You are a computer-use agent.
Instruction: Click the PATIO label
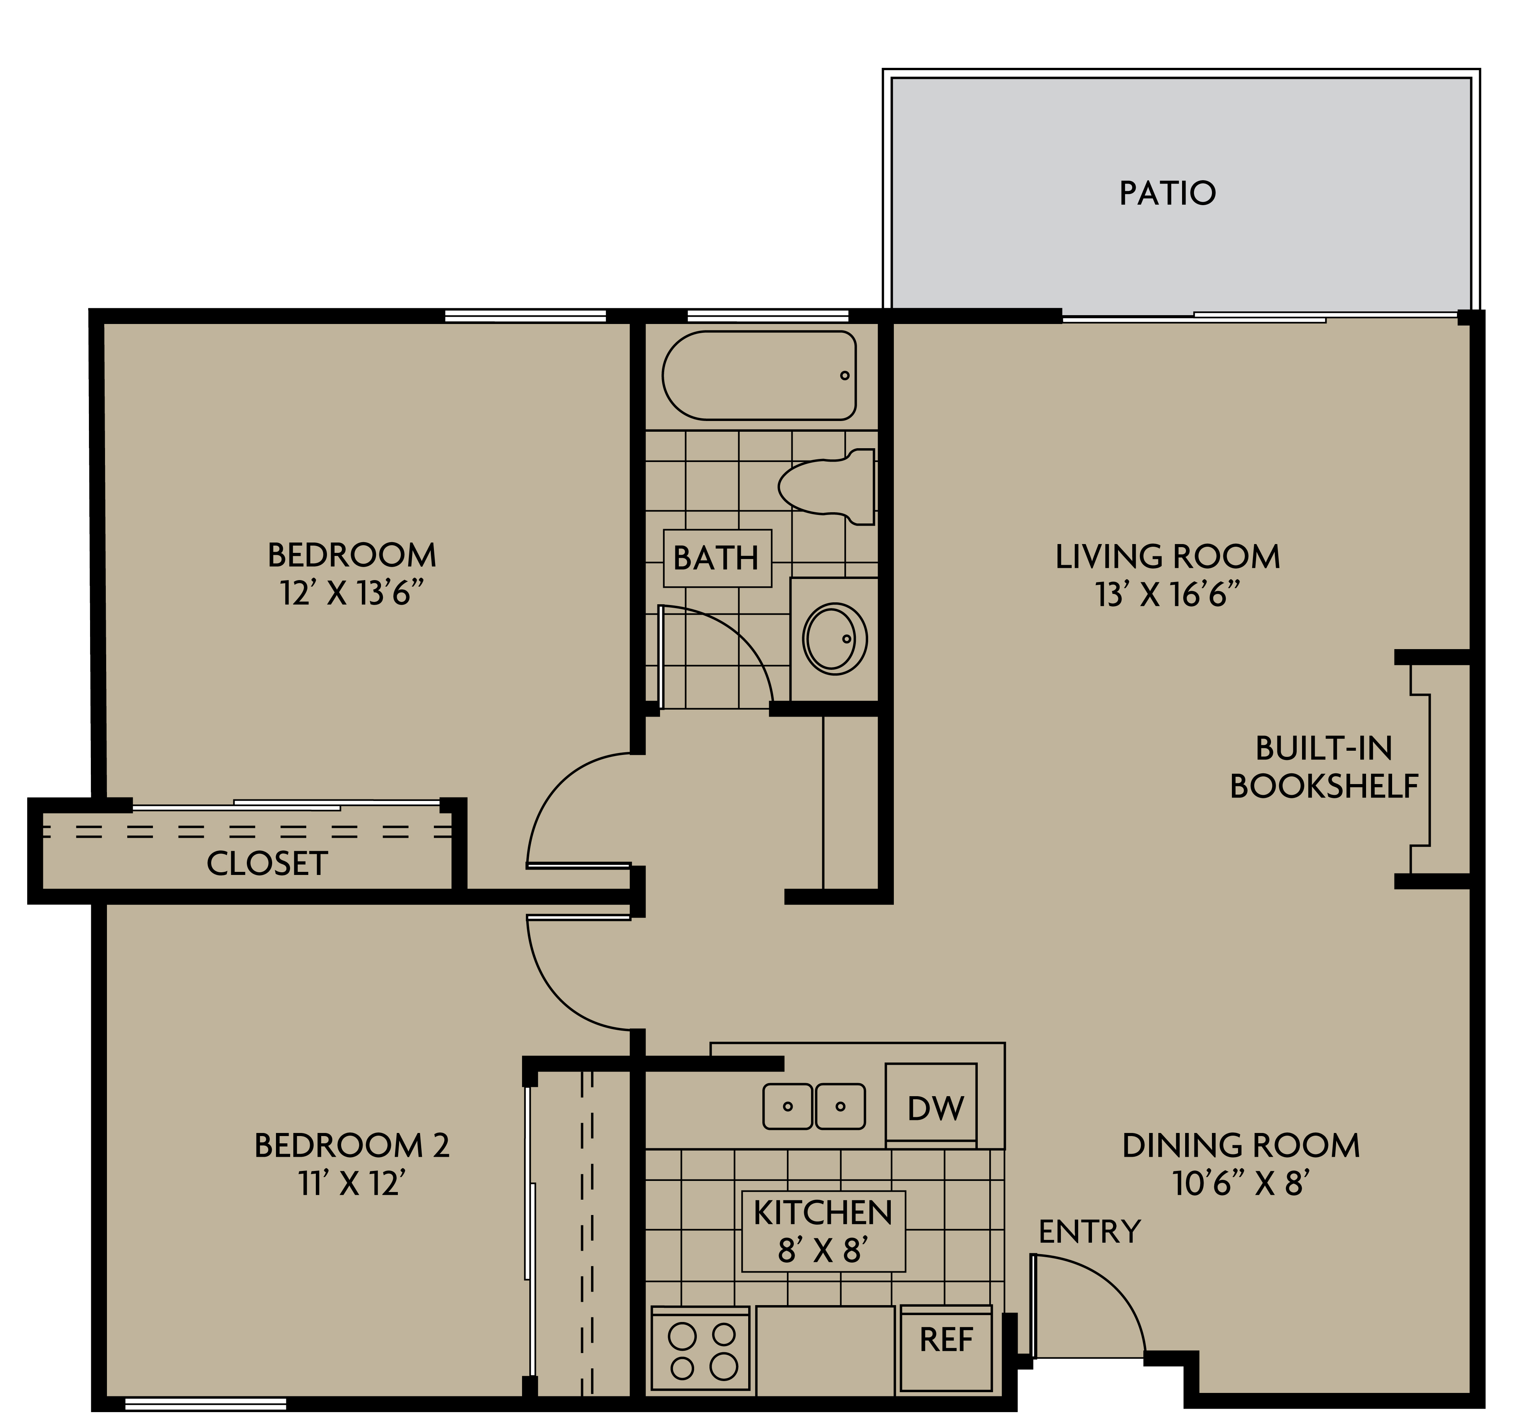click(x=1167, y=194)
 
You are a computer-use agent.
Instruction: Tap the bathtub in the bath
click(x=759, y=375)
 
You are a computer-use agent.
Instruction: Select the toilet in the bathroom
click(x=828, y=486)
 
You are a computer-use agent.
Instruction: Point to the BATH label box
click(x=717, y=558)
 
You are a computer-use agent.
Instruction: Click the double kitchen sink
click(x=813, y=1106)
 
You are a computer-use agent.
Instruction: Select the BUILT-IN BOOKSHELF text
click(x=1324, y=767)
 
